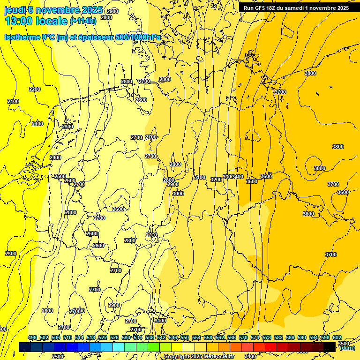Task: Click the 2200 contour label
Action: (35, 89)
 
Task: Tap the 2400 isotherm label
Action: (55, 157)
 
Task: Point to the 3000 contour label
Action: (178, 194)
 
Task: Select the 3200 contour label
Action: (216, 180)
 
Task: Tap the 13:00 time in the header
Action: (19, 21)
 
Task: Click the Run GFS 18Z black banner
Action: (296, 7)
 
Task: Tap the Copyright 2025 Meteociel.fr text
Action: (199, 357)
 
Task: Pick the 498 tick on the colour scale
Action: (32, 338)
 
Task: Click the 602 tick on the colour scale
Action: (337, 338)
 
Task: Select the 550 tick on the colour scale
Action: (185, 338)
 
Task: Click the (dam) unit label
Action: (347, 348)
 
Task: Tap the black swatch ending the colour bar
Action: (330, 346)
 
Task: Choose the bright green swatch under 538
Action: (154, 346)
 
